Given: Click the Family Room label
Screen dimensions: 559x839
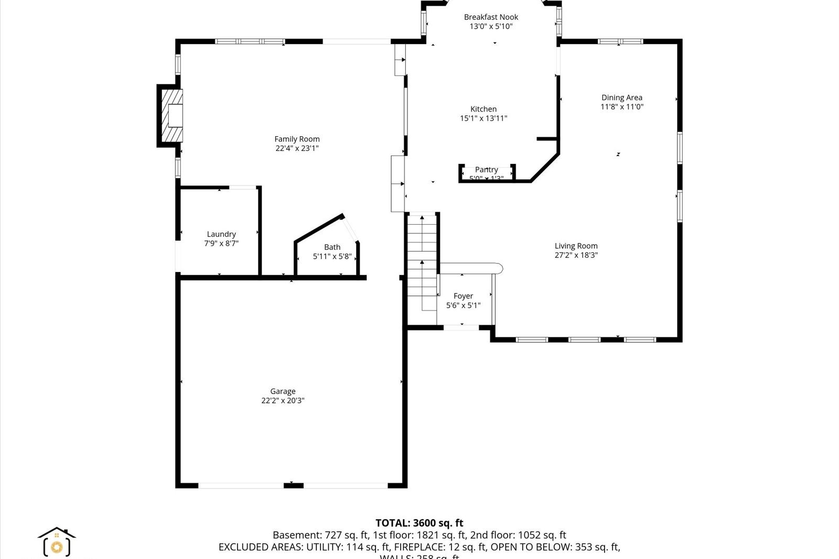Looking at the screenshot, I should (297, 139).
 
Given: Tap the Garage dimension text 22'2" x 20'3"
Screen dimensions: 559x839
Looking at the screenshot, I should (283, 401).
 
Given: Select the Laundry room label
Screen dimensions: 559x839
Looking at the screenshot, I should (221, 234).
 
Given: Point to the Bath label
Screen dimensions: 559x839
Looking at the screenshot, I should (332, 247).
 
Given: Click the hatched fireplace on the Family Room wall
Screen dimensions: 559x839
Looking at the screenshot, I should (172, 116).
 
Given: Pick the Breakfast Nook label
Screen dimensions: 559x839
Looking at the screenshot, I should (491, 17).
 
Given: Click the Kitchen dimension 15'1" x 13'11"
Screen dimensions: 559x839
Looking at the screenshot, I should (483, 118).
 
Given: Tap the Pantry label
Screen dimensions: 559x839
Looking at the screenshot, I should (486, 170).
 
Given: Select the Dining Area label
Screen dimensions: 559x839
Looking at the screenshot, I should (621, 97).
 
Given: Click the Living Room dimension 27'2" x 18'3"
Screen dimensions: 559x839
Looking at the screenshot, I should (576, 255).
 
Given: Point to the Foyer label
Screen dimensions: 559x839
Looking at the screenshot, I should (463, 296).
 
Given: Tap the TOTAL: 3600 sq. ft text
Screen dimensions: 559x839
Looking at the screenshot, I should (419, 523).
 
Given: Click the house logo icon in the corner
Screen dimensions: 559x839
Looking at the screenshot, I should (57, 543).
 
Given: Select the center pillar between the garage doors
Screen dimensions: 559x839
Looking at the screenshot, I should (293, 485).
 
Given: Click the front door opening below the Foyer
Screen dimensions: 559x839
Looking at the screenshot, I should (461, 327).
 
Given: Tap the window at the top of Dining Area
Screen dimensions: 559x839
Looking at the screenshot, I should (620, 41).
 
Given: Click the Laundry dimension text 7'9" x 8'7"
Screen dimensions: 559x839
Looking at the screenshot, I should (221, 244).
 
